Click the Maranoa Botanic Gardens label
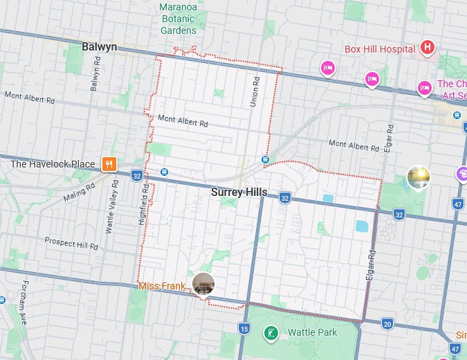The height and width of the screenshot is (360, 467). point(178,19)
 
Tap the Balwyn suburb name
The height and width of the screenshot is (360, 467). point(99,47)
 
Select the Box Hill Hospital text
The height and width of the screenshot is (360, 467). point(380,49)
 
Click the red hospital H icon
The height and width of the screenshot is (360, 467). point(428,48)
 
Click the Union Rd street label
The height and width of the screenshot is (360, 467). point(255,91)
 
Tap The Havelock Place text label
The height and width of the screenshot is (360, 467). point(53,164)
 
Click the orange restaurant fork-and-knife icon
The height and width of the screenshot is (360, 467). point(109,164)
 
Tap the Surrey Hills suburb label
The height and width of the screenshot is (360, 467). point(239,192)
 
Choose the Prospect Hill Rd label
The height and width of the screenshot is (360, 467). point(71,243)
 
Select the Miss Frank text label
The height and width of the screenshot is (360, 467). point(162,286)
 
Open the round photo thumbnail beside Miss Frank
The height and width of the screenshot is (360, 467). point(203,284)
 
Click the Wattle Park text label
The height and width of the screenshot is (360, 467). point(312,332)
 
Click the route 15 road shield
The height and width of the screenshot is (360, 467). point(244,328)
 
